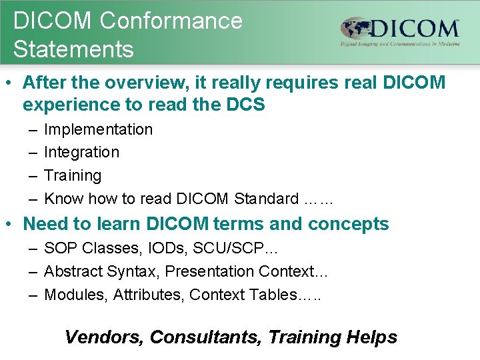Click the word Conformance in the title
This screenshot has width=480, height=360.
171,21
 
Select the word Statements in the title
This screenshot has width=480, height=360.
73,49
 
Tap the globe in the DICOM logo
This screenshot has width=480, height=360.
356,29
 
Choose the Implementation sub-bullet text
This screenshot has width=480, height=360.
98,129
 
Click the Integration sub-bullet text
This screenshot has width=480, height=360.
81,152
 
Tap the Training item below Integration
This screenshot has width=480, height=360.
73,175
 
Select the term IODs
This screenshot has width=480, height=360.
159,249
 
